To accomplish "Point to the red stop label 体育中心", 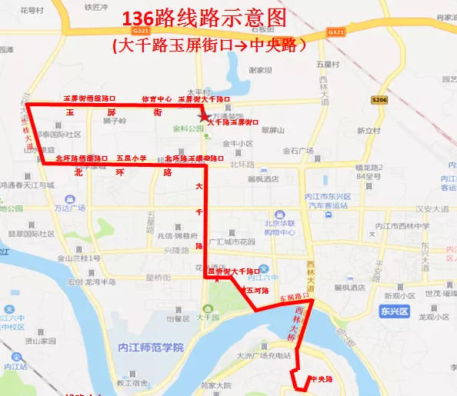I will click(x=156, y=100).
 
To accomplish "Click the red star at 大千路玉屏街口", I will click(x=203, y=116).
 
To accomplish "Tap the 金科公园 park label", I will click(x=188, y=129).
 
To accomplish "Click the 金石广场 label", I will click(x=299, y=151).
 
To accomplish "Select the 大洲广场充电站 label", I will click(x=266, y=356).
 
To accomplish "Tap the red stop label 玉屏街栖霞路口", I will click(x=88, y=100).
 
